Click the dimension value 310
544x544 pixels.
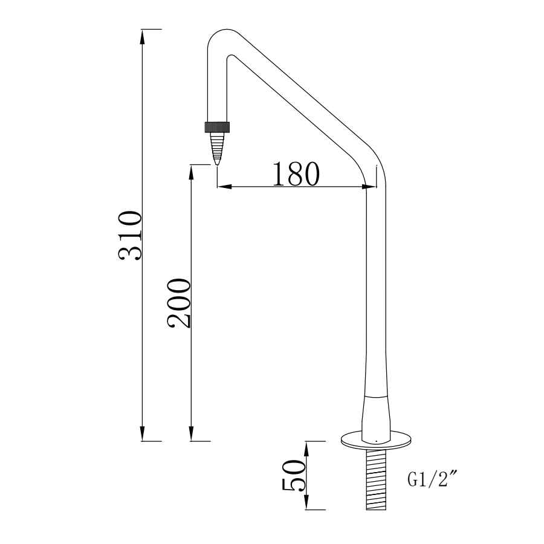[131, 235]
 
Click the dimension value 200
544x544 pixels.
[180, 303]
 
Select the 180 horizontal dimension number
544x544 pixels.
[296, 174]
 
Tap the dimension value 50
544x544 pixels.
[294, 475]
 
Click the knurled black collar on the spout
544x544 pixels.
[218, 127]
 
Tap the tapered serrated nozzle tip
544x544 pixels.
[217, 147]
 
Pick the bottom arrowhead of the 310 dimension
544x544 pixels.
[143, 435]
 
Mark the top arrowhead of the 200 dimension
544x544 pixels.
[191, 170]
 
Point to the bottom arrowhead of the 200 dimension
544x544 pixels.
[191, 435]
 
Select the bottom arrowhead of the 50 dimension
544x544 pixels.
[306, 503]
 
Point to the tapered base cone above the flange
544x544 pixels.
[375, 417]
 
